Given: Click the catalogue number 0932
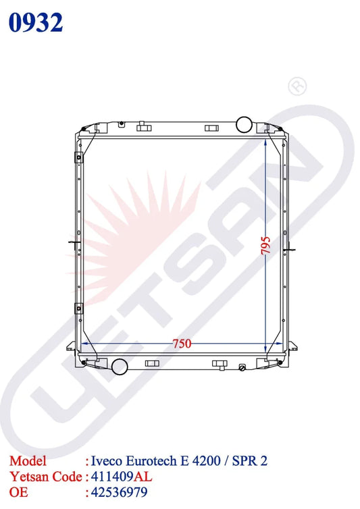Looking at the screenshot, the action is (x=36, y=22).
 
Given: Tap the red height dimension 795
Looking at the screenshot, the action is (x=265, y=246).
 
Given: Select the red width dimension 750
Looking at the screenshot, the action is (x=182, y=344).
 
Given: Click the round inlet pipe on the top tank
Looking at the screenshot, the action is (x=245, y=124).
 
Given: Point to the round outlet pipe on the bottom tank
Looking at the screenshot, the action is (x=120, y=367).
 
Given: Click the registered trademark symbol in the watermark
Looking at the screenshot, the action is (x=297, y=86).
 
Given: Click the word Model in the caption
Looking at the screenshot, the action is (x=28, y=461).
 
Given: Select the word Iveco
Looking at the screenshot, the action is (x=106, y=461).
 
